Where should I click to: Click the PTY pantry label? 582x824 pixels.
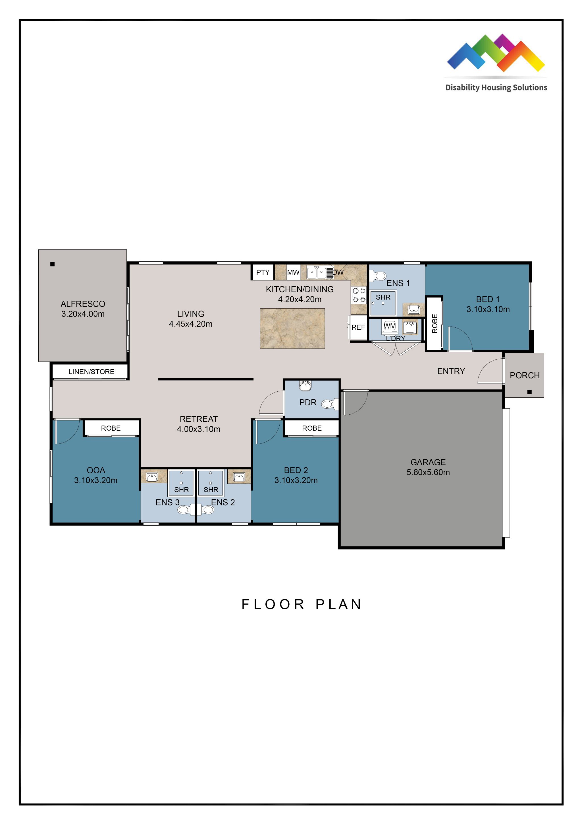pyautogui.click(x=263, y=272)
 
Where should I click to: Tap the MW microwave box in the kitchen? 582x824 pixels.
pyautogui.click(x=293, y=272)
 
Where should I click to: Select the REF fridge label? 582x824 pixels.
pyautogui.click(x=358, y=327)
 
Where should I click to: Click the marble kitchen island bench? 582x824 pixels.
pyautogui.click(x=292, y=329)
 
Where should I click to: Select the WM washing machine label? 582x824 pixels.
pyautogui.click(x=389, y=326)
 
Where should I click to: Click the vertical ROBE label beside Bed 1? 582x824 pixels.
pyautogui.click(x=435, y=323)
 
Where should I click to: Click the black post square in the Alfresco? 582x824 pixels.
pyautogui.click(x=52, y=264)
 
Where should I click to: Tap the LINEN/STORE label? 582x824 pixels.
pyautogui.click(x=91, y=372)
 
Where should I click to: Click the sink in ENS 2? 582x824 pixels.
pyautogui.click(x=239, y=477)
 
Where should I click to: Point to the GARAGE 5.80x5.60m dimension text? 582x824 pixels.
pyautogui.click(x=428, y=472)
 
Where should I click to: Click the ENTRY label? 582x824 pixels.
pyautogui.click(x=451, y=371)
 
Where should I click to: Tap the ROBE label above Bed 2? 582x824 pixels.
pyautogui.click(x=312, y=428)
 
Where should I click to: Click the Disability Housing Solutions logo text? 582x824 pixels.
pyautogui.click(x=496, y=88)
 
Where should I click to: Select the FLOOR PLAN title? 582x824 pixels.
pyautogui.click(x=301, y=604)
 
